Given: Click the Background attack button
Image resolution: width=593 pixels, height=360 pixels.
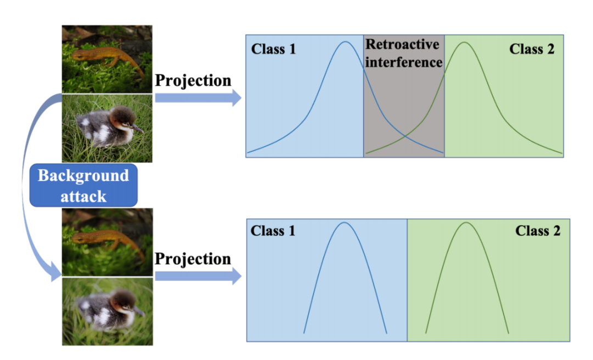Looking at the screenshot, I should [x=83, y=185].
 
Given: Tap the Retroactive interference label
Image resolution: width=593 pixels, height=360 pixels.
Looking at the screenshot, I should [x=404, y=53].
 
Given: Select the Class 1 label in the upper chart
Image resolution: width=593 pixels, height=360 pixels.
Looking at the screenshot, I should [x=273, y=49].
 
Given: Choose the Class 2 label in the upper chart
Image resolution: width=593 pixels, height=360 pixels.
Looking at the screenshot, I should [x=532, y=49].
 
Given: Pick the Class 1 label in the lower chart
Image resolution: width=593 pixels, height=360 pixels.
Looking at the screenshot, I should [x=273, y=230].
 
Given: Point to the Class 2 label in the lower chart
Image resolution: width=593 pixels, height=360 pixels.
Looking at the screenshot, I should [x=538, y=230].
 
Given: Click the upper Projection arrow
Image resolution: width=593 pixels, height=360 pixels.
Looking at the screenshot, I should [x=198, y=98].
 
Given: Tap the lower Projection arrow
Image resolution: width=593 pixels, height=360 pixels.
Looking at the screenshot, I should [x=198, y=277].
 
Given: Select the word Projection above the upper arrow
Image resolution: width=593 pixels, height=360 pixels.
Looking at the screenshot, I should [x=193, y=81].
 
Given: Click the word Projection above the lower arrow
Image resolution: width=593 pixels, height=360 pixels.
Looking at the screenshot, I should [x=193, y=259].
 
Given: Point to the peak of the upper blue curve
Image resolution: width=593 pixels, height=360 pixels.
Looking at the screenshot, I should [x=345, y=42].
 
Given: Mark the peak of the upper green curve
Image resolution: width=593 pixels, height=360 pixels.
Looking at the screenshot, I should [x=465, y=42].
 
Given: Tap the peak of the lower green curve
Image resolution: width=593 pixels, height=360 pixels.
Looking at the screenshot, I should [x=467, y=222].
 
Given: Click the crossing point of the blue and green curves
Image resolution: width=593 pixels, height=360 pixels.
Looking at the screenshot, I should [x=405, y=137].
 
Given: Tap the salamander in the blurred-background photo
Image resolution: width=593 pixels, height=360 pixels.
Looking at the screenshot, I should [x=107, y=239].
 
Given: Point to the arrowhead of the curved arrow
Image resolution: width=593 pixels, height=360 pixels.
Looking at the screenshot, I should [x=55, y=272].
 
